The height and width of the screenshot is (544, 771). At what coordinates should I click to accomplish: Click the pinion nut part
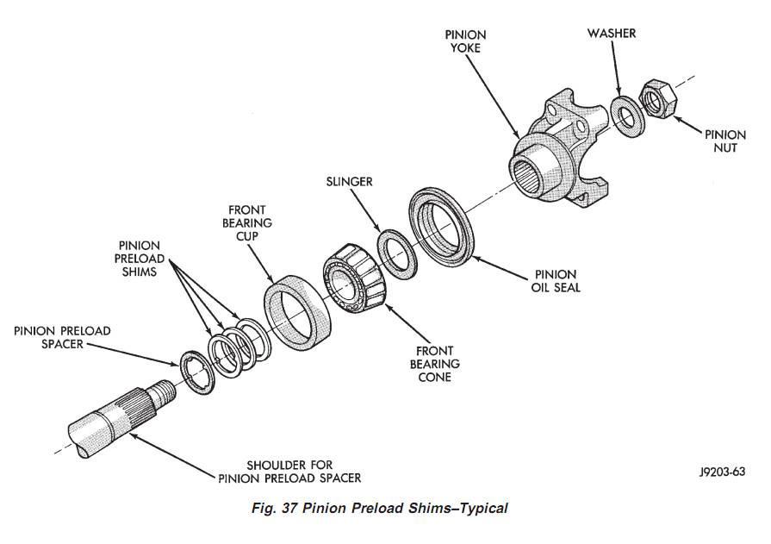click(x=659, y=100)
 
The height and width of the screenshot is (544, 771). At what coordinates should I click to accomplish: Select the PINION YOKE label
click(x=465, y=41)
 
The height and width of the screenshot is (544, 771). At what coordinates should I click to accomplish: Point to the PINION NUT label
click(x=724, y=141)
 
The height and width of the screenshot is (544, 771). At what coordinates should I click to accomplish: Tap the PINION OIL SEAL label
click(x=555, y=281)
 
